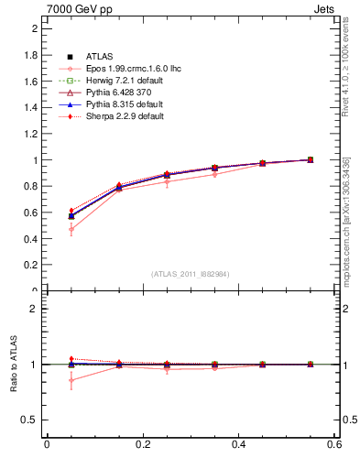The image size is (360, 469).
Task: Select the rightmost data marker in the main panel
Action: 311,159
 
